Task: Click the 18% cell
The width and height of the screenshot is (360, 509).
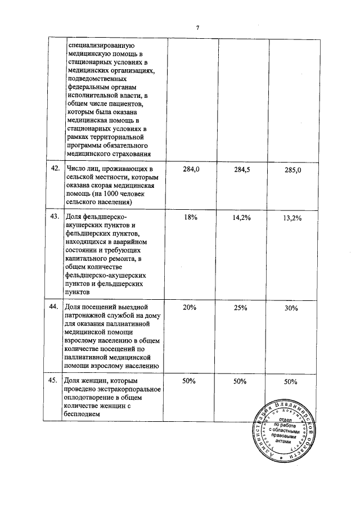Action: coord(190,218)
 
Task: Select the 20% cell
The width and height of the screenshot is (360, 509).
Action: coord(190,307)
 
